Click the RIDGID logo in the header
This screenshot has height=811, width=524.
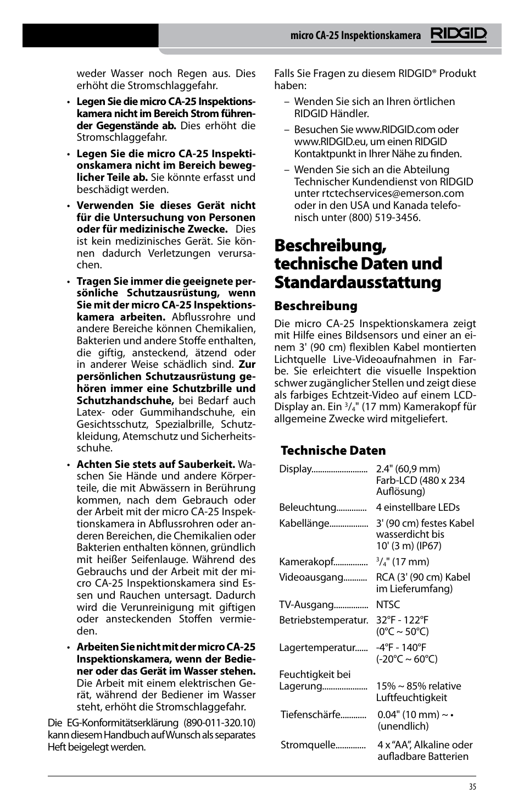point(458,35)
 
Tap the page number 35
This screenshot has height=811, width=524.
point(472,787)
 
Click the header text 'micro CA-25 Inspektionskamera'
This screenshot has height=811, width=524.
point(355,36)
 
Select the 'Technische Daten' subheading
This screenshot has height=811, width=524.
point(333,450)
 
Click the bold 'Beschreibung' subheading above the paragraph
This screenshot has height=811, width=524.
point(315,306)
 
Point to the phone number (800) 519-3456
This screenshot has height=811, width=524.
point(384,217)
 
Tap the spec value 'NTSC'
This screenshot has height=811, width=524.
point(388,604)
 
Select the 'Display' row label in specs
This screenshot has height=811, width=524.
point(295,469)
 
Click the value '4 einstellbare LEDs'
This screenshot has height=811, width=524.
point(417,507)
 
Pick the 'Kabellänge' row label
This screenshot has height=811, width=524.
point(304,523)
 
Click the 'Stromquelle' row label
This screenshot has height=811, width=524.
point(308,745)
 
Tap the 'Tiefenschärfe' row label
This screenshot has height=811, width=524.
point(310,715)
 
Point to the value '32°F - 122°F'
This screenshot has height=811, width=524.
point(402,620)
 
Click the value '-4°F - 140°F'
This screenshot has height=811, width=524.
point(401,648)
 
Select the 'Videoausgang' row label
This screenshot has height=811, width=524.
point(311,577)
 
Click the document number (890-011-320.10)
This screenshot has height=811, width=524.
point(219,722)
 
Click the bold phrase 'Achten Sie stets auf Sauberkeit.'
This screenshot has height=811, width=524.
point(155,465)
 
